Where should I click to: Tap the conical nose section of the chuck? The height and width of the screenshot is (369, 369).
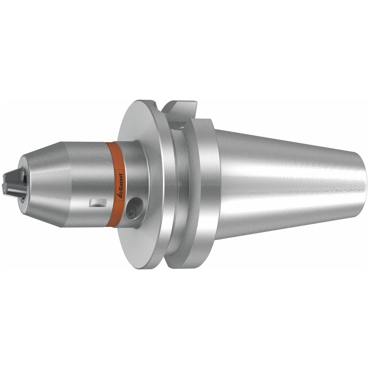tap(43, 181)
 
